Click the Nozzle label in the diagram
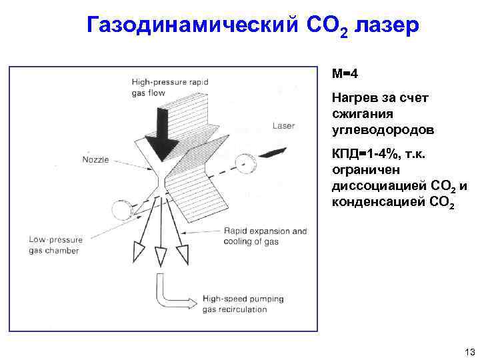[x=97, y=159]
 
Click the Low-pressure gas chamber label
[x=54, y=245]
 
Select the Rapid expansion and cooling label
[x=265, y=237]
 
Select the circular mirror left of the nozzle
[x=121, y=212]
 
